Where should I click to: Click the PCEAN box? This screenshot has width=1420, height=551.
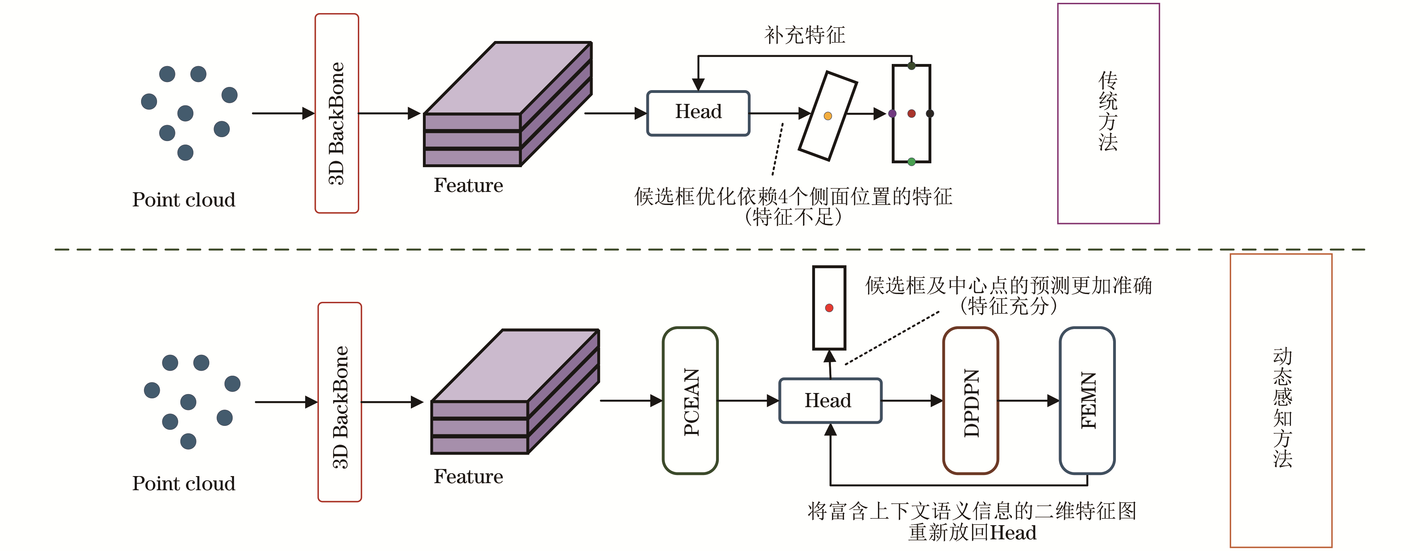[x=690, y=400]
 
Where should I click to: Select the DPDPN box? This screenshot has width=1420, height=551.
[x=971, y=400]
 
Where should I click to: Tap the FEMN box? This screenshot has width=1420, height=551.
[x=1087, y=400]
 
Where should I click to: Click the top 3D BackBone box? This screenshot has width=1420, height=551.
[x=337, y=113]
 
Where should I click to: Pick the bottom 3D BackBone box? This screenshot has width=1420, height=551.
[x=339, y=402]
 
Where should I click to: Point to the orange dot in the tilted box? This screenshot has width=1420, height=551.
[x=827, y=116]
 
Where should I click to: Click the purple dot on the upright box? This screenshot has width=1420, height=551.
[x=892, y=113]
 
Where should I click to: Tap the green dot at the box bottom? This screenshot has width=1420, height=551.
[x=911, y=162]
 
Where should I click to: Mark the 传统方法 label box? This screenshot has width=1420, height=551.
[x=1108, y=113]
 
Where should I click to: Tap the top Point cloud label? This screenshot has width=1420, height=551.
[x=184, y=199]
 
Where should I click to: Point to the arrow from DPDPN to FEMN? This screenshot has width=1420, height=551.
[x=1029, y=400]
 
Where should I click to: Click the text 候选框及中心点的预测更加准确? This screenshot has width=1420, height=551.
[x=1008, y=286]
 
